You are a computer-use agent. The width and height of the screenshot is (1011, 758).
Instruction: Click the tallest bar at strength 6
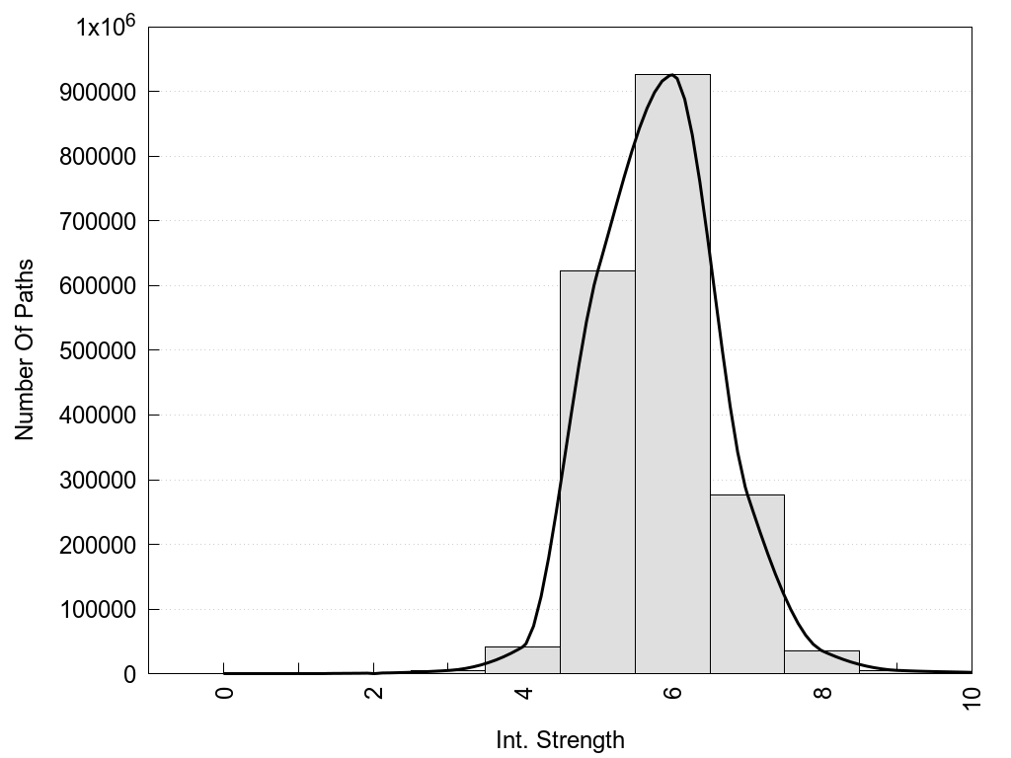pyautogui.click(x=672, y=375)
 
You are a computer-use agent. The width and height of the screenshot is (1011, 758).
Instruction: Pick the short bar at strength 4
pyautogui.click(x=522, y=660)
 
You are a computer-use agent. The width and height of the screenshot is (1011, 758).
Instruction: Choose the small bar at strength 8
pyautogui.click(x=821, y=662)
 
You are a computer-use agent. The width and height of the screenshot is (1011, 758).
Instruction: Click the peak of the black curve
pyautogui.click(x=671, y=75)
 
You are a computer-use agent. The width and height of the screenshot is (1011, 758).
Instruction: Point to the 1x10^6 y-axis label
pyautogui.click(x=106, y=26)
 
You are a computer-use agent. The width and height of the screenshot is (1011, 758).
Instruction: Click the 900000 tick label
pyautogui.click(x=102, y=92)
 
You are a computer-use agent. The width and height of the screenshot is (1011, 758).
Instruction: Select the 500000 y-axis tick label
pyautogui.click(x=102, y=350)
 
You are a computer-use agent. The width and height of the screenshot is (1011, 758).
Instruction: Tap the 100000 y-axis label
pyautogui.click(x=102, y=610)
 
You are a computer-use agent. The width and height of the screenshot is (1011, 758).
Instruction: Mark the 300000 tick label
pyautogui.click(x=102, y=481)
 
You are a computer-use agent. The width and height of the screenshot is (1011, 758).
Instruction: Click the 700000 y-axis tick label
pyautogui.click(x=102, y=221)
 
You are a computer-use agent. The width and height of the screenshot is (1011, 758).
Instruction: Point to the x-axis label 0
pyautogui.click(x=224, y=693)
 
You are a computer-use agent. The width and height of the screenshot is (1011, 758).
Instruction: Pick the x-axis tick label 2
pyautogui.click(x=374, y=693)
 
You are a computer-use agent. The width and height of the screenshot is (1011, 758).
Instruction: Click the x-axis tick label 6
pyautogui.click(x=672, y=693)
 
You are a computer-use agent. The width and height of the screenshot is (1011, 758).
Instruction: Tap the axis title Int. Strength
pyautogui.click(x=560, y=739)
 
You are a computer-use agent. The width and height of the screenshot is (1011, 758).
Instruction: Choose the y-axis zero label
pyautogui.click(x=128, y=675)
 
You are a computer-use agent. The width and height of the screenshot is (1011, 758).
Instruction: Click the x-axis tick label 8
pyautogui.click(x=822, y=693)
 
